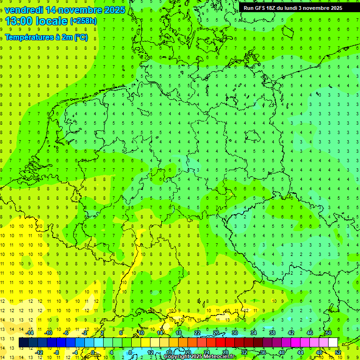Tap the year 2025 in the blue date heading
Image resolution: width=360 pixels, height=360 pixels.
coord(112,10)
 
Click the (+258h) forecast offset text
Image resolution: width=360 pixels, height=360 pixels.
coord(83,21)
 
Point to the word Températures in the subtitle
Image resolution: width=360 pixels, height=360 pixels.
coord(29,37)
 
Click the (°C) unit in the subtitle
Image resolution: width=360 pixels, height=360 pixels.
coord(81,37)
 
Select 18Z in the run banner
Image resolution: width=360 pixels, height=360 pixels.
coord(275,8)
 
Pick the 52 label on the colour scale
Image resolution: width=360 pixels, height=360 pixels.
coord(338,352)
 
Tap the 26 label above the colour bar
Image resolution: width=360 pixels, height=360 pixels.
coord(216,333)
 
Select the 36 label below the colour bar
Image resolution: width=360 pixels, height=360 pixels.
coord(263,352)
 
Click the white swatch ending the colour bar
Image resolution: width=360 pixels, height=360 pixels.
coord(333,343)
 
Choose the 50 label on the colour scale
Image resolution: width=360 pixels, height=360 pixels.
coord(329,333)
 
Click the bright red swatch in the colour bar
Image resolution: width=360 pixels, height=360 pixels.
coord(221,343)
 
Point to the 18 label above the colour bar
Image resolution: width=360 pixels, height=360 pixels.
coord(179,333)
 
